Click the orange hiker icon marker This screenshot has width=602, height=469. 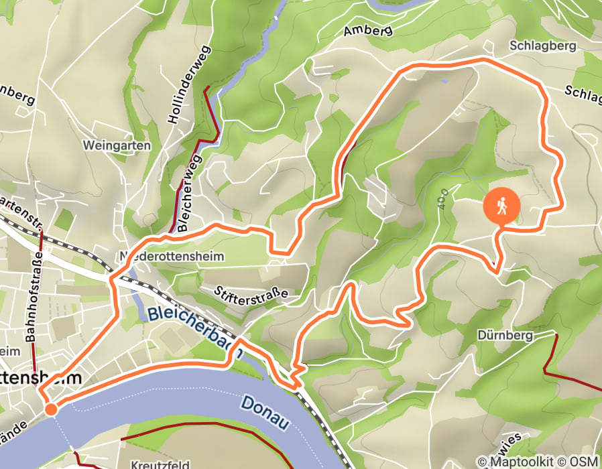501,206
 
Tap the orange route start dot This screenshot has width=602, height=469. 51,409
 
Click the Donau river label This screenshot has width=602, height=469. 265,413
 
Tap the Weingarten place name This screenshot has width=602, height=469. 117,145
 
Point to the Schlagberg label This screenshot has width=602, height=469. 543,46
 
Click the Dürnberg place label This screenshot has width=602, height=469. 505,335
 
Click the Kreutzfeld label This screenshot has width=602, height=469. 156,464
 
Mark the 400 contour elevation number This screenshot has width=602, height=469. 441,199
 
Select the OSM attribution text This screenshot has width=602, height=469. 585,461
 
